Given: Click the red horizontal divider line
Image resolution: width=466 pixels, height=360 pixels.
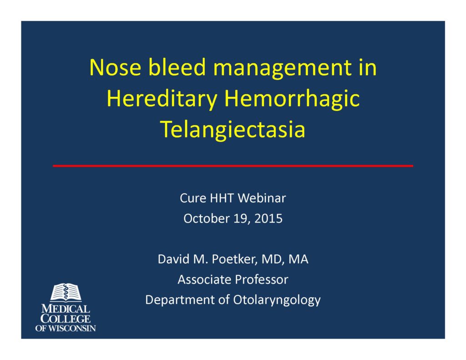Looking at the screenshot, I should [x=233, y=166].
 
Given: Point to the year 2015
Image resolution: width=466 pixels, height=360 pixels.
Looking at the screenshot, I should [x=268, y=219].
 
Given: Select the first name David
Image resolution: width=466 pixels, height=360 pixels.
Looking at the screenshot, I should [x=172, y=259].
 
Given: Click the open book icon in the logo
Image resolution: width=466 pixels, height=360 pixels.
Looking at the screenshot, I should [x=66, y=293].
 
